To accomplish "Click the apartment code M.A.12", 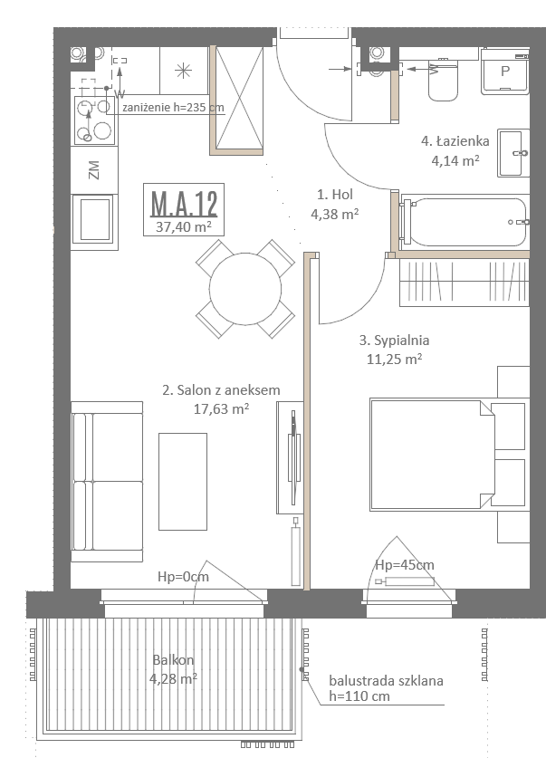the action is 184,204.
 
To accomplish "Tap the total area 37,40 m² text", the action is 184,226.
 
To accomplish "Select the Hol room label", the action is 335,195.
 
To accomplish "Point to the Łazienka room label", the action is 455,141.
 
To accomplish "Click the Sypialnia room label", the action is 394,341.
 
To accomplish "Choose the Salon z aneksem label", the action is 221,390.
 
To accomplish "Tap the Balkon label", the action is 173,660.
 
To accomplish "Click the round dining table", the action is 245,289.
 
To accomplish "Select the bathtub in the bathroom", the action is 464,222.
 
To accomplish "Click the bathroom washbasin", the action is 513,153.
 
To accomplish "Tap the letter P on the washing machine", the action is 505,72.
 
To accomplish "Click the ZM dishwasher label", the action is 94,170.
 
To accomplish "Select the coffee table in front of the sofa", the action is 183,482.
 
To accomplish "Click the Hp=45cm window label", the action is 405,564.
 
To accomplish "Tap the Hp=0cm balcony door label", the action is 183,577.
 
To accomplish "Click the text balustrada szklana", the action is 386,681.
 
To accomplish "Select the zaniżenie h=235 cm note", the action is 173,107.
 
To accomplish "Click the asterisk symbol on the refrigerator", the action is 183,72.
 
